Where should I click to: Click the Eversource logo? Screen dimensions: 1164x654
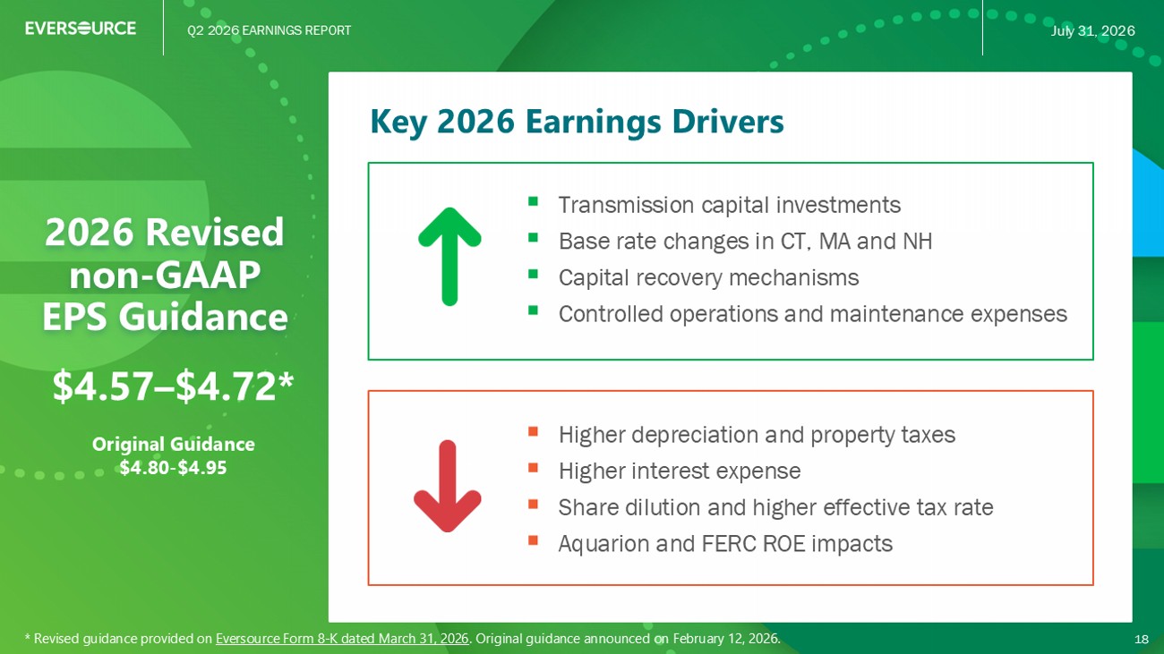81,28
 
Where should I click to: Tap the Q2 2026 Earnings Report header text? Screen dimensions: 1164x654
270,30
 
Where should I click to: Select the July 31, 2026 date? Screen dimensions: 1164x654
1092,30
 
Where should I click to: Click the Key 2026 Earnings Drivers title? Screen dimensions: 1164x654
577,122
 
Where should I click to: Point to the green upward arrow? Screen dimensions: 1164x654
449,257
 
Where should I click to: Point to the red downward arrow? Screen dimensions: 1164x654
448,486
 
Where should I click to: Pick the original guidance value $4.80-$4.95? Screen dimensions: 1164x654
173,468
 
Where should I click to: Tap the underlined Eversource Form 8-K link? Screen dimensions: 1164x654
342,639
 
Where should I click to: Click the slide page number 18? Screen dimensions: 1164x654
1141,639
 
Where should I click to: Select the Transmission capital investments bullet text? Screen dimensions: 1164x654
730,205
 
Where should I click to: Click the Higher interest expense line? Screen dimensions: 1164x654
680,471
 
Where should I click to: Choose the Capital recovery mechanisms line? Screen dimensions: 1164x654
709,278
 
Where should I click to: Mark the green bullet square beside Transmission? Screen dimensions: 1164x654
533,201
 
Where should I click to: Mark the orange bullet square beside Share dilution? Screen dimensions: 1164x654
533,504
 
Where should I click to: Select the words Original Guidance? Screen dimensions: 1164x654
173,445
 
